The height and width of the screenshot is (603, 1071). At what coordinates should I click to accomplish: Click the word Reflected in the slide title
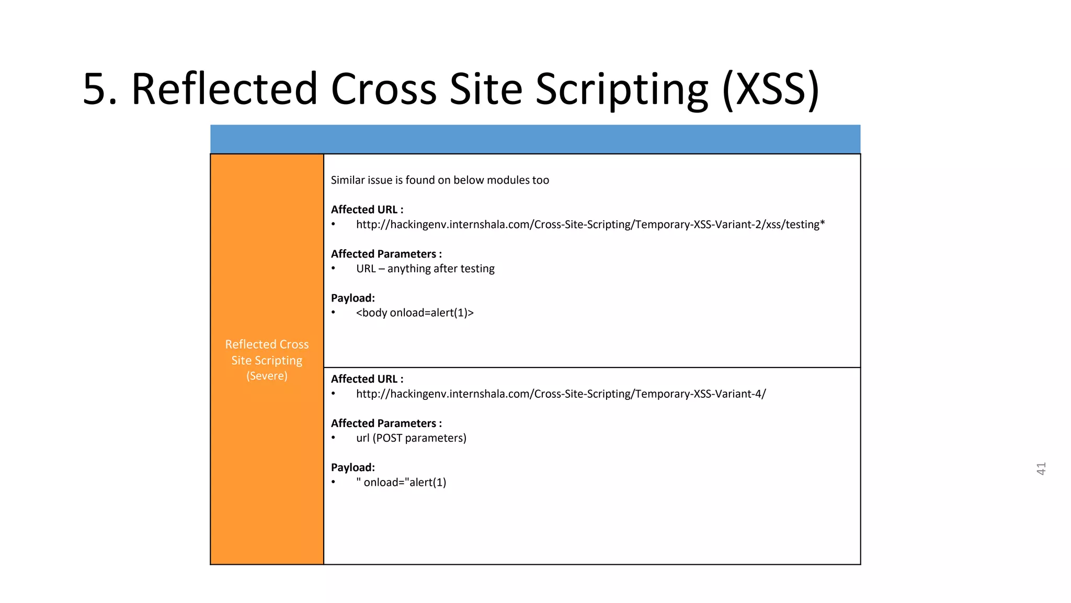pyautogui.click(x=224, y=89)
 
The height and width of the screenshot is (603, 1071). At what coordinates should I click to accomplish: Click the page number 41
pyautogui.click(x=1041, y=468)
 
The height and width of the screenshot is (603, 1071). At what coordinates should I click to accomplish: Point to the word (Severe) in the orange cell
pyautogui.click(x=267, y=376)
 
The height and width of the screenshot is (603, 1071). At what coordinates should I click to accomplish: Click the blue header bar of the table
pyautogui.click(x=535, y=139)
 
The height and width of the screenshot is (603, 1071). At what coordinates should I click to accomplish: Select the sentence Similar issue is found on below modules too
pyautogui.click(x=440, y=180)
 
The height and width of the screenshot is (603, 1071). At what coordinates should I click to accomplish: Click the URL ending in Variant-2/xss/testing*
pyautogui.click(x=590, y=225)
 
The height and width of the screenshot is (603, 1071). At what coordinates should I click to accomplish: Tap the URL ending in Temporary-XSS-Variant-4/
pyautogui.click(x=561, y=394)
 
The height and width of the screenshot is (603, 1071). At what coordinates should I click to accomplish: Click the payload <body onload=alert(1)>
pyautogui.click(x=415, y=313)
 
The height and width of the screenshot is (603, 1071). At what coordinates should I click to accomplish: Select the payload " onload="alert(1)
pyautogui.click(x=401, y=483)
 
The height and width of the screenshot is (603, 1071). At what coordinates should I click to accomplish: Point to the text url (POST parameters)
pyautogui.click(x=411, y=438)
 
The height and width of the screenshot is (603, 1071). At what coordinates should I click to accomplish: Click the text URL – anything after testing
pyautogui.click(x=425, y=269)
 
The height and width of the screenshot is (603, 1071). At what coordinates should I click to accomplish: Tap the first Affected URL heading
pyautogui.click(x=367, y=209)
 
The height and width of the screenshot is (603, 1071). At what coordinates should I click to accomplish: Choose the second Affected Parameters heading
pyautogui.click(x=386, y=423)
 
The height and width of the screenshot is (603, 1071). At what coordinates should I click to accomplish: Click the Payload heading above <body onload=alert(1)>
pyautogui.click(x=352, y=298)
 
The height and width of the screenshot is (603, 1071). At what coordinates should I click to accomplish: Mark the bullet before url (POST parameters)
pyautogui.click(x=334, y=438)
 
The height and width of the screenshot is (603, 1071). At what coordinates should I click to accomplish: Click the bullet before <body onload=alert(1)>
pyautogui.click(x=334, y=313)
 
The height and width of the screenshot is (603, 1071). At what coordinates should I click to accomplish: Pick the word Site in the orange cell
pyautogui.click(x=242, y=361)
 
